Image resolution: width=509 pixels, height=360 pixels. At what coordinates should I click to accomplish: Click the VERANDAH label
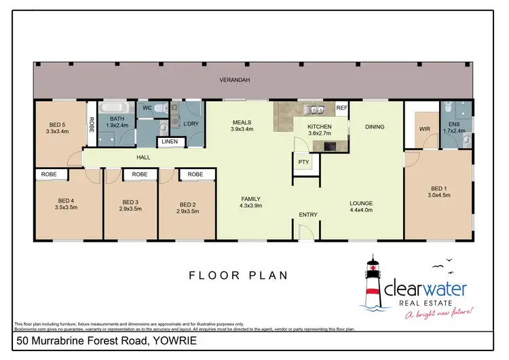234,80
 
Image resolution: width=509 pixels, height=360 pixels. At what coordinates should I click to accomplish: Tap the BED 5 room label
58,124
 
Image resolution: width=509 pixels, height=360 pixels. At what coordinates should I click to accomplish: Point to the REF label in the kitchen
341,108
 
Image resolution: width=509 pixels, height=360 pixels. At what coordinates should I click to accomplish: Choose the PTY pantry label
303,162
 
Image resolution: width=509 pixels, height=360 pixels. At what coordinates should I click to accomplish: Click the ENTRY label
308,215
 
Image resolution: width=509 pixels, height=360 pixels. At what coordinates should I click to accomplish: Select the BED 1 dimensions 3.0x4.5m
440,195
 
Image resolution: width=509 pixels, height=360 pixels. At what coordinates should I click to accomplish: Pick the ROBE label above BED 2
195,175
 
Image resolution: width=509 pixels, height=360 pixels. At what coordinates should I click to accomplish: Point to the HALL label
143,158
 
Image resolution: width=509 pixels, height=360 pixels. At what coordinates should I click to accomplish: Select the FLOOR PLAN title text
238,275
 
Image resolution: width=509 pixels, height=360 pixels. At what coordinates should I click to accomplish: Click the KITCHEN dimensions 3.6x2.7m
320,134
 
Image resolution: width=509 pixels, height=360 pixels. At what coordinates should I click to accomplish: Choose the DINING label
375,126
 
